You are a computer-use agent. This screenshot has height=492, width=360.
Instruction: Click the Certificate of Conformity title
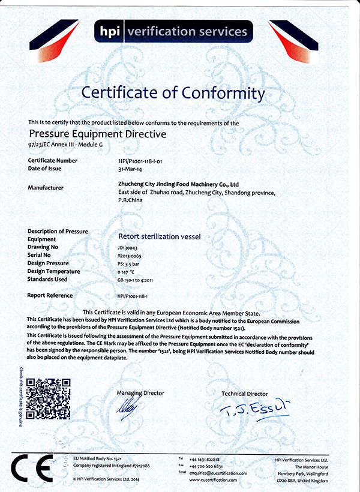click(x=173, y=93)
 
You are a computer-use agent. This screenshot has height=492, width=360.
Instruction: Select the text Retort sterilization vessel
click(x=158, y=236)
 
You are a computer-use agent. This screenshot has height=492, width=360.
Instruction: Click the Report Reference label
click(x=50, y=295)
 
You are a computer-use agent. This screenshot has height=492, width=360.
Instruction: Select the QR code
click(x=49, y=398)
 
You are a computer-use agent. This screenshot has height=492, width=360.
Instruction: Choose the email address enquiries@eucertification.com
click(x=218, y=473)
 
